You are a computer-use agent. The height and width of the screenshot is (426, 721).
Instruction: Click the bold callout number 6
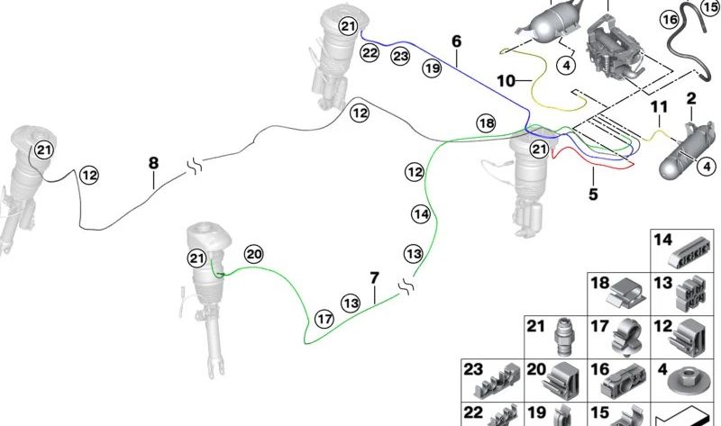[x=456, y=41]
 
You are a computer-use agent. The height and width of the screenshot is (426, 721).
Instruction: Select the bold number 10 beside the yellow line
[x=507, y=81]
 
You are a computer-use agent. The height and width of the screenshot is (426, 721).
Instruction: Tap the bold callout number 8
[x=153, y=163]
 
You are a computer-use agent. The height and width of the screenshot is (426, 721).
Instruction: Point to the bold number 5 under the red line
[x=593, y=194]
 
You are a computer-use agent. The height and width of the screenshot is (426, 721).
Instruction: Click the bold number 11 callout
[x=659, y=107]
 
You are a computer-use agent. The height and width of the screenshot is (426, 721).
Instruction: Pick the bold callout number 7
[x=375, y=278]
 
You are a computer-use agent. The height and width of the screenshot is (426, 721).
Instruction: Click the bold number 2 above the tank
[x=691, y=98]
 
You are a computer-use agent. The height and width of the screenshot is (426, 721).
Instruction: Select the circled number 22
[x=370, y=53]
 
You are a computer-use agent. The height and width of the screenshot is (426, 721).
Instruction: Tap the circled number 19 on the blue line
[x=432, y=68]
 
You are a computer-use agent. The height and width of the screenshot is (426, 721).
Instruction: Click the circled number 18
[x=487, y=122]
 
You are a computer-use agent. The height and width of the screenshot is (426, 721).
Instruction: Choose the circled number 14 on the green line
[x=421, y=214]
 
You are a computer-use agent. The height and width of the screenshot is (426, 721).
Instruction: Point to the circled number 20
[x=254, y=254]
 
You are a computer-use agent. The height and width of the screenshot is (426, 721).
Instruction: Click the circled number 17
[x=324, y=319]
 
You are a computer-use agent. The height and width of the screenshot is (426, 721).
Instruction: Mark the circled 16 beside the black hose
[x=670, y=19]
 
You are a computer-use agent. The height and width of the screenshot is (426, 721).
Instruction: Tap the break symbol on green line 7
[x=407, y=286]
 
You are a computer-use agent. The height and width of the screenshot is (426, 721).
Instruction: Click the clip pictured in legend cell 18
[x=626, y=294]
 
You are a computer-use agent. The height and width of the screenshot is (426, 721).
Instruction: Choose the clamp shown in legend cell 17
[x=626, y=338]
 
